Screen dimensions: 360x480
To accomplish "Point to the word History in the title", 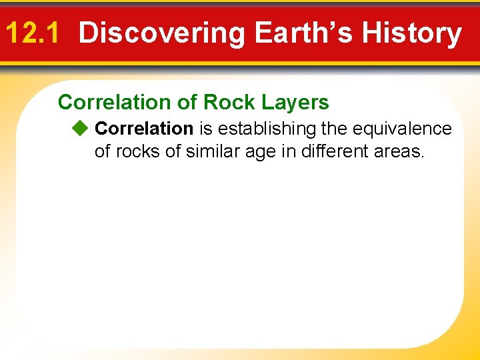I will (x=417, y=33).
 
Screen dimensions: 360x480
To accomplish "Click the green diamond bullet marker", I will (x=80, y=128).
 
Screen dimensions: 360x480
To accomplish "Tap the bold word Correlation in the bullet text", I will (x=144, y=128).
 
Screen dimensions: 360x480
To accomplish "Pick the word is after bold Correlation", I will (x=205, y=128).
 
